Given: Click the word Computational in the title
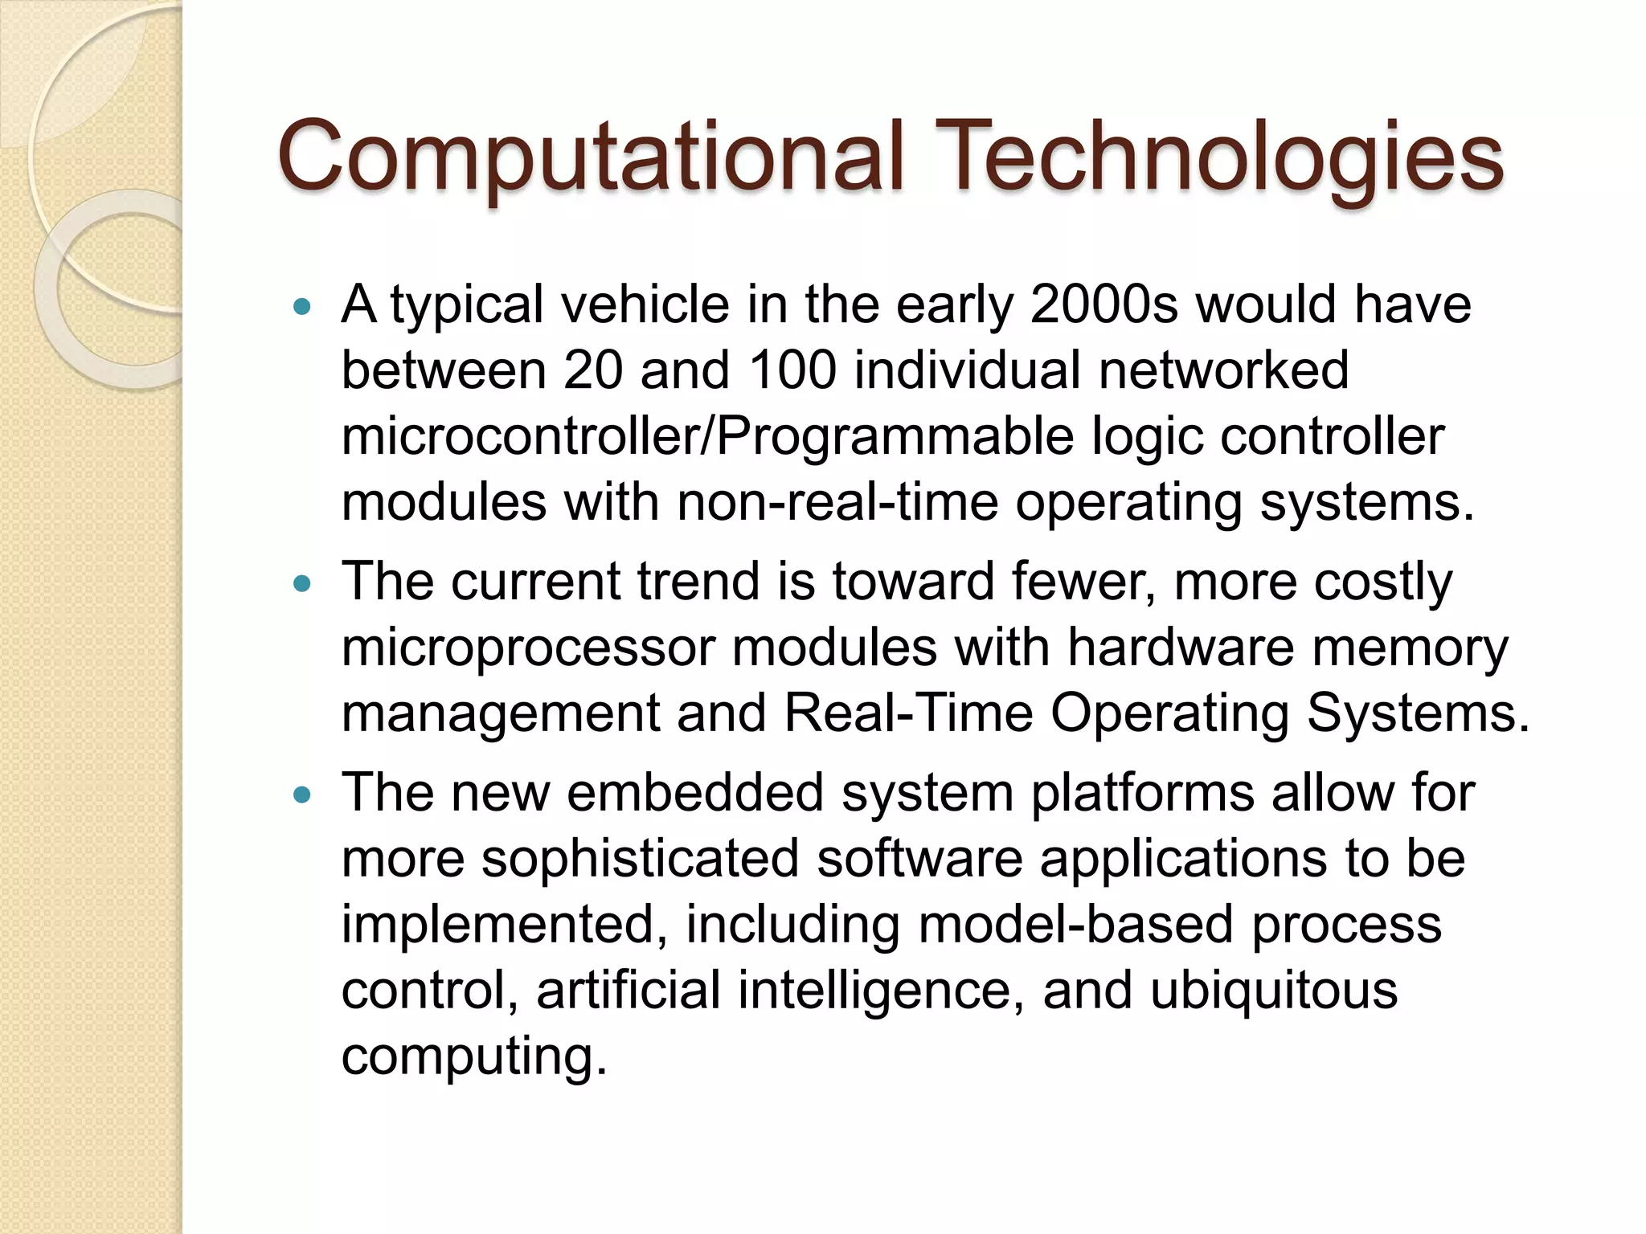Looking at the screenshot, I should point(591,157).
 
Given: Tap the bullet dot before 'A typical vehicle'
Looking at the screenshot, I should point(302,306).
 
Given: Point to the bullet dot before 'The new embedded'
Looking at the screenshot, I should point(302,795).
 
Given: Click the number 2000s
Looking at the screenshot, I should point(1103,305).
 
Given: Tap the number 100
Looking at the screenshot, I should point(792,371).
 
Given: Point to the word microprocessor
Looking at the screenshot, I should point(528,649).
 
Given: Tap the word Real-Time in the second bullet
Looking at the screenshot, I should point(908,713).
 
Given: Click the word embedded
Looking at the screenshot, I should point(695,794).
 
